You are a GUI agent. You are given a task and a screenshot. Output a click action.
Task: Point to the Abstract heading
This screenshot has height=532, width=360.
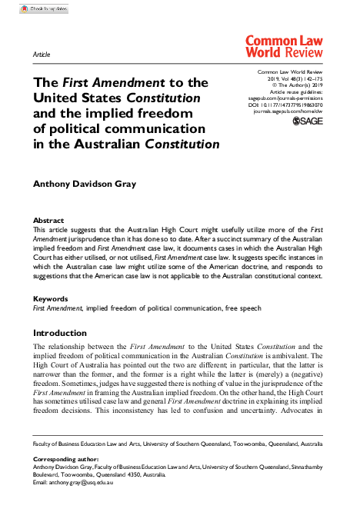click(x=48, y=221)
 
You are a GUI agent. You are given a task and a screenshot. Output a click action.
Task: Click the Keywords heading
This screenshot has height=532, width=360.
click(x=50, y=298)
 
